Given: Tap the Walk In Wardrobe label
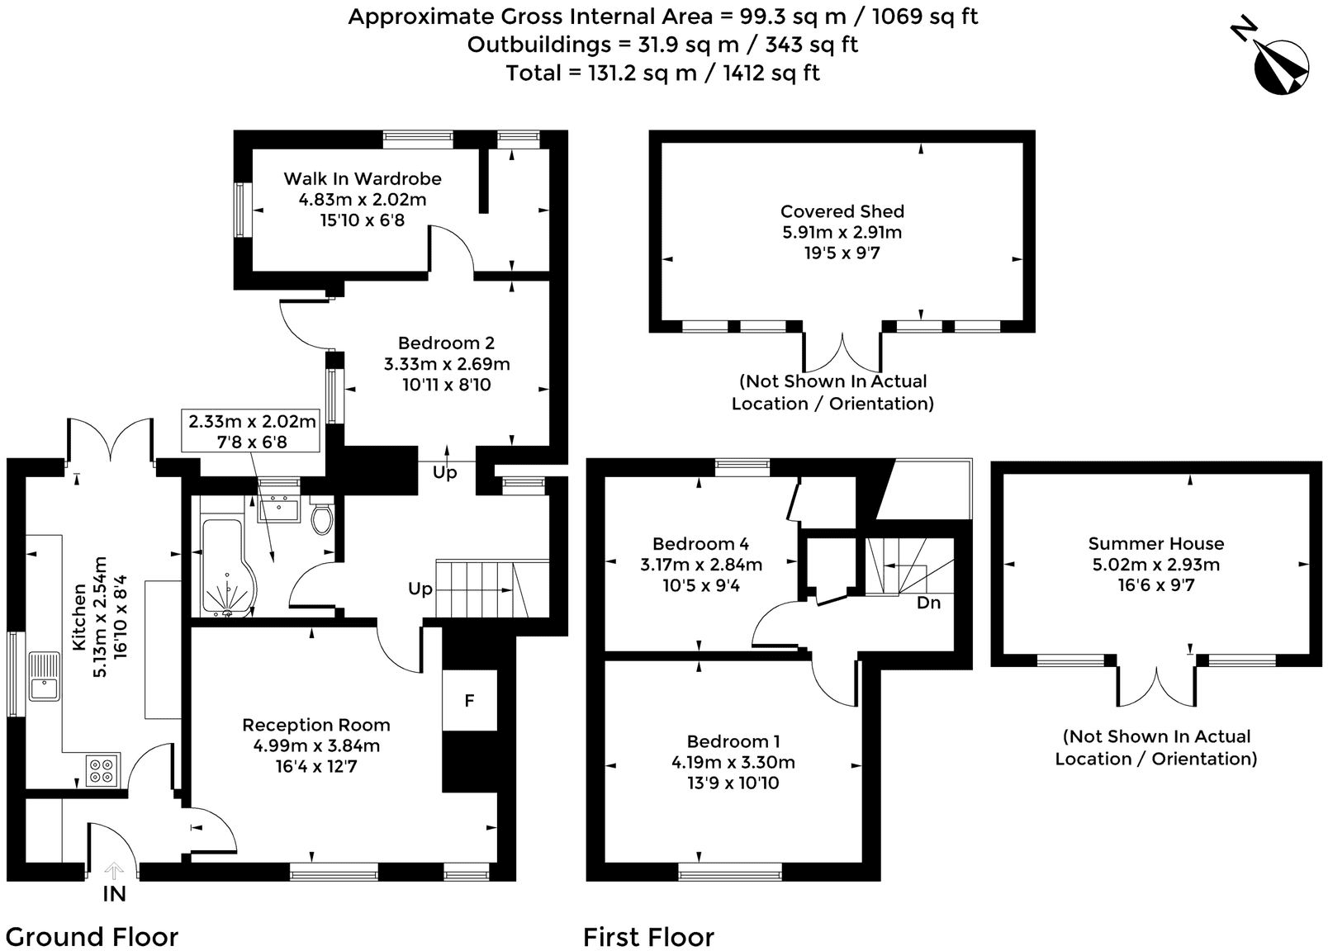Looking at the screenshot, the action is click(x=363, y=178).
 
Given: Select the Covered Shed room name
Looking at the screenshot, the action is click(x=842, y=211).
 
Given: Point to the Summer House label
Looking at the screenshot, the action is click(x=1155, y=543).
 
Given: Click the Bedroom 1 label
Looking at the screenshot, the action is click(x=733, y=741).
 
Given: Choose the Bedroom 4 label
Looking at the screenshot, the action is click(x=701, y=543).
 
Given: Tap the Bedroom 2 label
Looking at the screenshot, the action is click(x=446, y=343).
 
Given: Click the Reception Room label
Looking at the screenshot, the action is click(x=316, y=725).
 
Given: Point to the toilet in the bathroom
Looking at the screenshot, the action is click(x=322, y=518).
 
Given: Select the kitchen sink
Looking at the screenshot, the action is click(x=44, y=676).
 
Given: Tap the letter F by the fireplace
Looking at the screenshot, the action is click(x=469, y=701).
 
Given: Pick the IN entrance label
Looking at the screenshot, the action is click(x=114, y=893).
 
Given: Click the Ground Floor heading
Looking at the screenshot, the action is click(x=92, y=937).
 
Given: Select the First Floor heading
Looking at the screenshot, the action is click(x=648, y=937).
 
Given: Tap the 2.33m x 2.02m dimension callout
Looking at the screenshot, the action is click(x=251, y=432).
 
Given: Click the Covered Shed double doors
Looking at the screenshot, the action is click(x=842, y=353).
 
